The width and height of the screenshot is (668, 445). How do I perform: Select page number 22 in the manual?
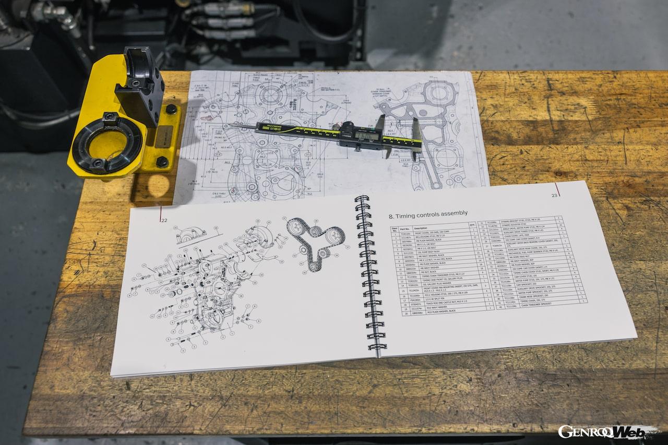point(164,220)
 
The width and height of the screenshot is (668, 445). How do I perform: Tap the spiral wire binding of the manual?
point(369,274)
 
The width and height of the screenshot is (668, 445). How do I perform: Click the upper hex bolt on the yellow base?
point(171,110)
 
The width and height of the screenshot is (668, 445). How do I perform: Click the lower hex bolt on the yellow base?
point(162,162)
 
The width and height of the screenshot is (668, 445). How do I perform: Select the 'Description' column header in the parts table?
point(421,228)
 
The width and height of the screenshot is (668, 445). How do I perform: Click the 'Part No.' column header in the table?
point(405,228)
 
